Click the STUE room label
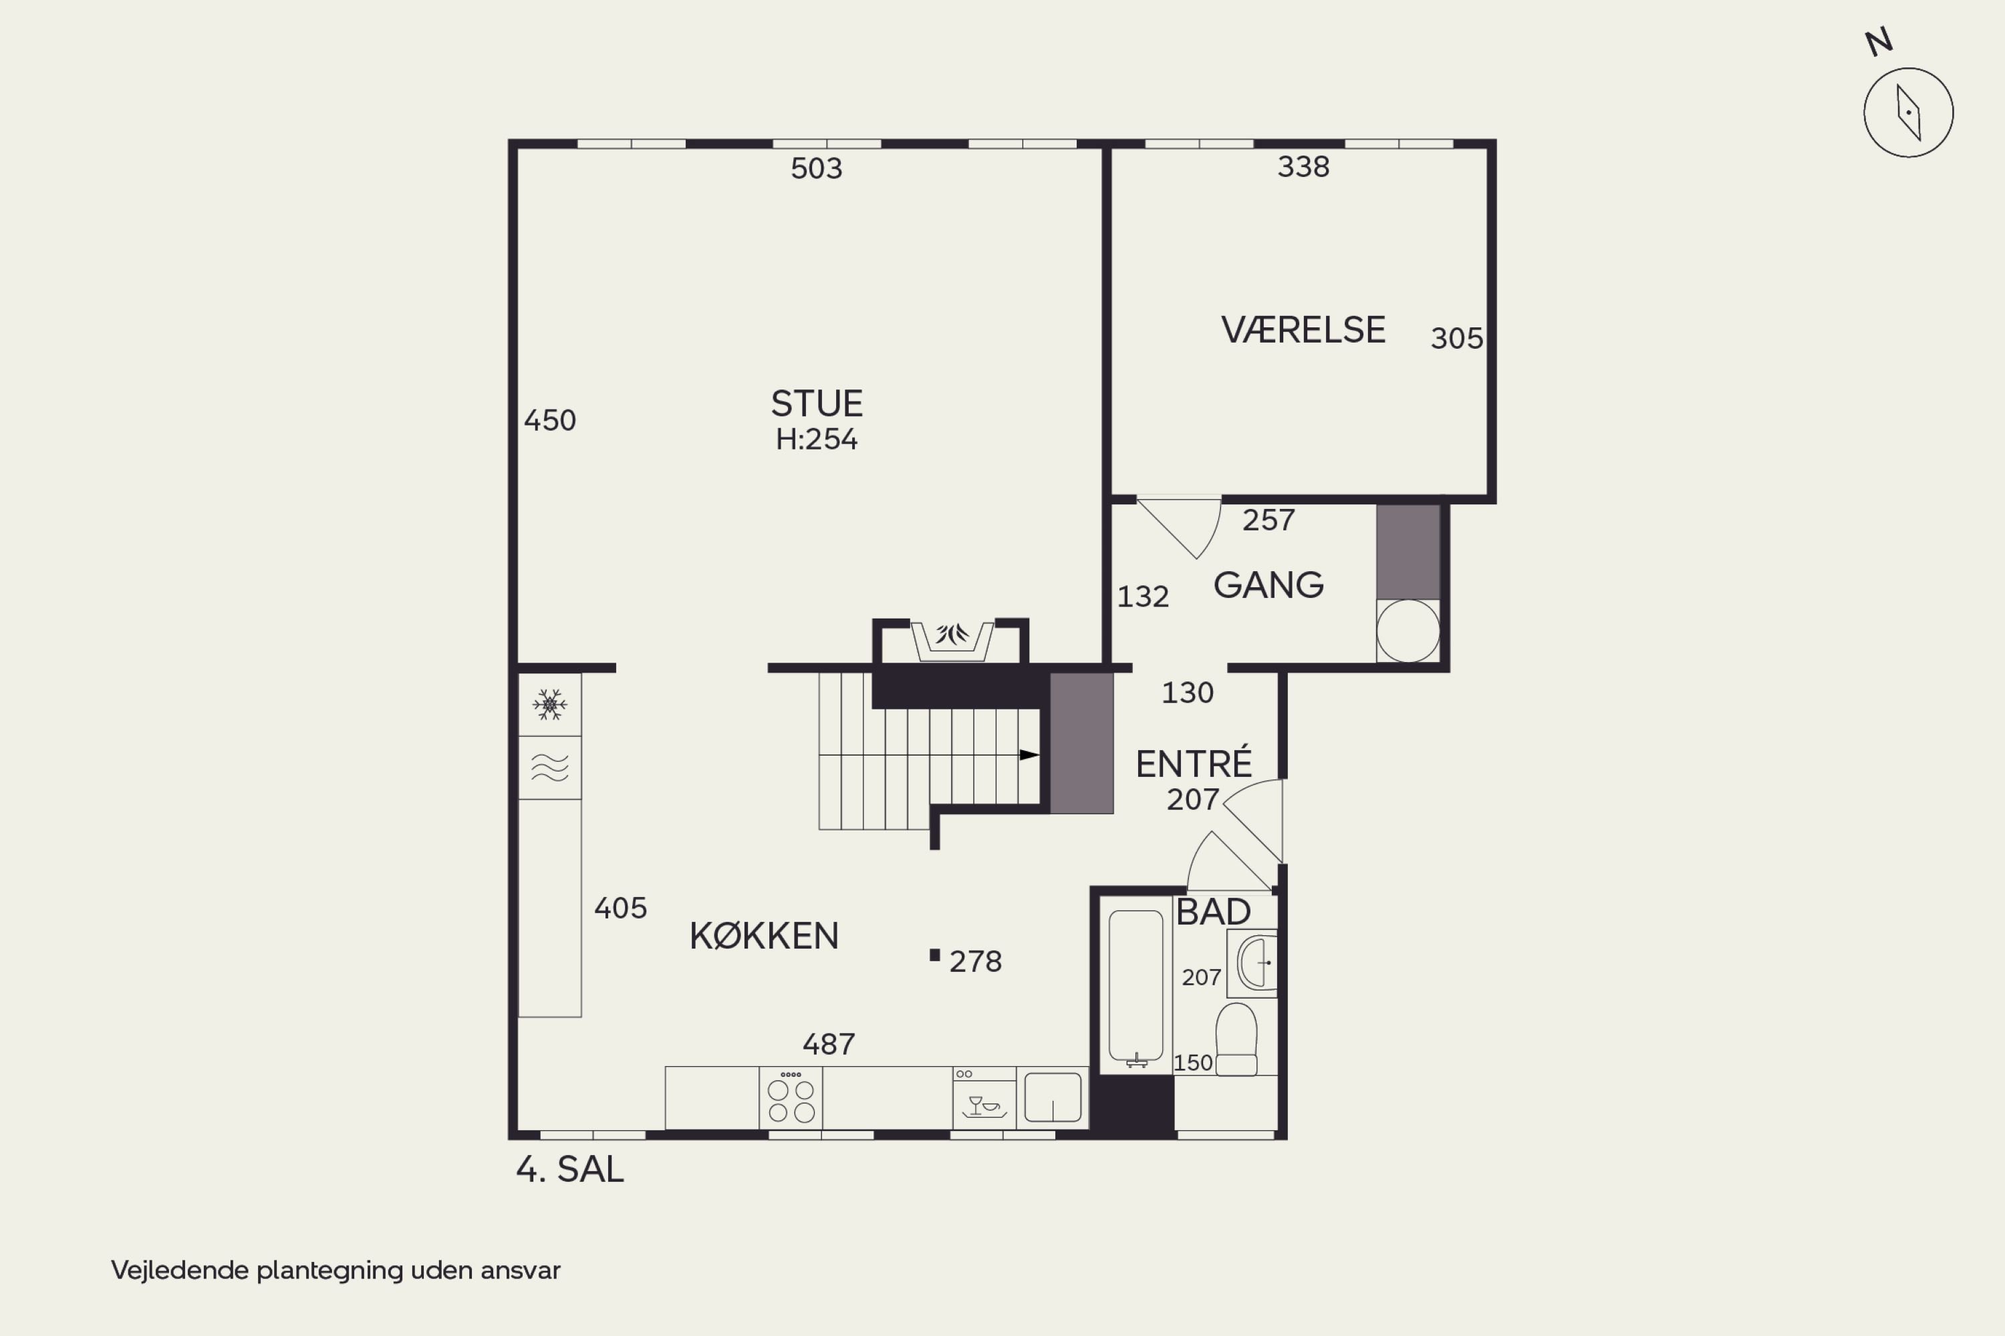(817, 403)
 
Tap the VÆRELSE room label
(1303, 330)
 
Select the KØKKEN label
(764, 936)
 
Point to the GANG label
(1268, 584)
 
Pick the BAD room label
(1213, 912)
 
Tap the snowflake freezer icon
(550, 705)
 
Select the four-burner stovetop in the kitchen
(791, 1098)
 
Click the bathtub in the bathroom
(1135, 986)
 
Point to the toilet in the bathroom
(1235, 1039)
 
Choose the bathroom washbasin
(1255, 963)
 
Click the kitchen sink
(1053, 1098)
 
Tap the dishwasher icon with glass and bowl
(984, 1098)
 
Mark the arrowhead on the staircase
(1030, 755)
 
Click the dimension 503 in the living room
(816, 168)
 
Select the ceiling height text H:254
(817, 439)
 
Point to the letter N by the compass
(1879, 41)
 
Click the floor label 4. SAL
(569, 1170)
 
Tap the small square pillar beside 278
(934, 955)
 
